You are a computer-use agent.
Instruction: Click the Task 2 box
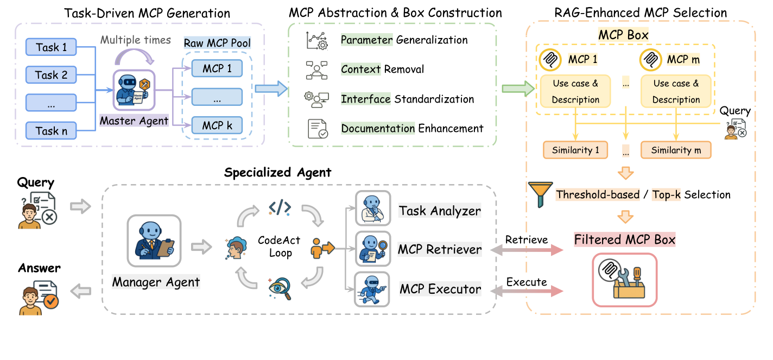(x=51, y=75)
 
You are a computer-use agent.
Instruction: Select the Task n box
(x=51, y=131)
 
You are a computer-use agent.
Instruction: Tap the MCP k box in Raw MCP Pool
(x=217, y=125)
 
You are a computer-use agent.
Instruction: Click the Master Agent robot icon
(x=134, y=90)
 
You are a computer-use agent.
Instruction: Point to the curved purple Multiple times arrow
(x=134, y=56)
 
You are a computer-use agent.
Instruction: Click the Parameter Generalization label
(x=404, y=40)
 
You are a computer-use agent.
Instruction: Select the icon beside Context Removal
(x=316, y=70)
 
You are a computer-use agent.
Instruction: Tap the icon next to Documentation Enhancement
(x=318, y=129)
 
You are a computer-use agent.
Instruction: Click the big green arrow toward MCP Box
(x=518, y=89)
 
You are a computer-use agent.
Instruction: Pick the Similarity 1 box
(x=575, y=150)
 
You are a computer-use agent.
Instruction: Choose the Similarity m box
(x=676, y=150)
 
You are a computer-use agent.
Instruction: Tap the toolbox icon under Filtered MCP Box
(x=625, y=280)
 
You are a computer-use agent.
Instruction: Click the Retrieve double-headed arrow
(x=527, y=250)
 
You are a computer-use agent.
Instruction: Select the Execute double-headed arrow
(x=527, y=291)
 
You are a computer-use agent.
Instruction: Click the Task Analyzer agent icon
(x=373, y=208)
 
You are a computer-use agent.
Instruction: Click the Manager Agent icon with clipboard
(x=154, y=241)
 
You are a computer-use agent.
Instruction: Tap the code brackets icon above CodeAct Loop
(x=280, y=207)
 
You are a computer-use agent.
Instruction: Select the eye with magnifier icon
(x=280, y=288)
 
